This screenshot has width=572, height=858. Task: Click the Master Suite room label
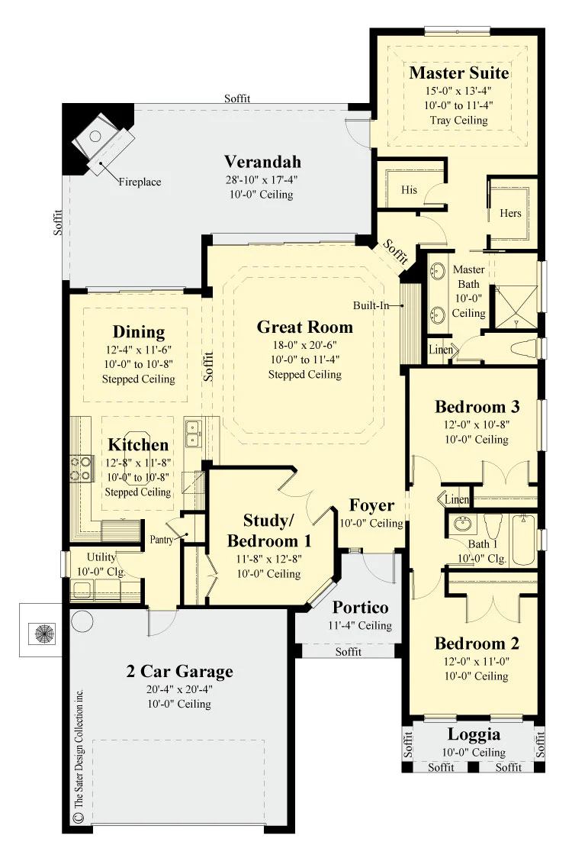[x=459, y=73]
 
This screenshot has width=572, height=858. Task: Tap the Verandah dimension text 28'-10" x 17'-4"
[x=262, y=179]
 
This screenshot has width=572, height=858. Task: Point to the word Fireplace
[x=140, y=182]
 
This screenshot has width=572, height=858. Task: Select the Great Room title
[x=304, y=327]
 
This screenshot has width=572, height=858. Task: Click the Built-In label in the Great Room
[x=371, y=305]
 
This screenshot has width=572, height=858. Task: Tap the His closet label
[x=409, y=190]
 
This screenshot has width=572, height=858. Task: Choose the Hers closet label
[x=510, y=213]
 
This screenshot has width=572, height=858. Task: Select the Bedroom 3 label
[x=477, y=407]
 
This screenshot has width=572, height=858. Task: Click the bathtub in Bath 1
[x=522, y=540]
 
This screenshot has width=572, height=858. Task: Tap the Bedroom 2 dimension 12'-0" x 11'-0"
[x=477, y=661]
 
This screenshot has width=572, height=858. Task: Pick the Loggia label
[x=474, y=734]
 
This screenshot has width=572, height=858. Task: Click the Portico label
[x=361, y=607]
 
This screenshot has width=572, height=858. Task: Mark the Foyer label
[x=372, y=505]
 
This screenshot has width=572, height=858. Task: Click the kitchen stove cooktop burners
[x=80, y=469]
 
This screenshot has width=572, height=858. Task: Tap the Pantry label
[x=162, y=540]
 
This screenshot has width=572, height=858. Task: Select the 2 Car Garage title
[x=179, y=671]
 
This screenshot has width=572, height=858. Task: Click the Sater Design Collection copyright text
[x=79, y=755]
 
